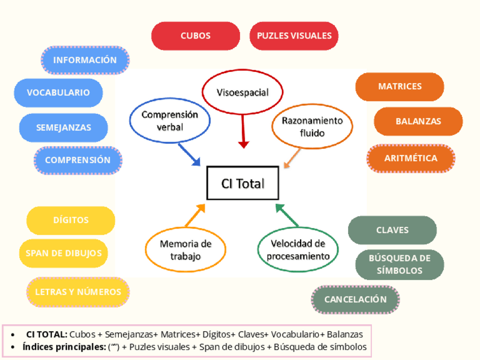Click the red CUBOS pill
195,36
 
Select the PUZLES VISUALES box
294,36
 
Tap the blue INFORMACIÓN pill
85,60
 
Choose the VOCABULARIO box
58,92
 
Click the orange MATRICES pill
400,87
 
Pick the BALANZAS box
418,121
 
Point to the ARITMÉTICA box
411,158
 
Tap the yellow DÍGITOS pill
71,220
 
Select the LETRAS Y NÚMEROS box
78,292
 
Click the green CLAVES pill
392,230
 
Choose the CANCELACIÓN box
355,299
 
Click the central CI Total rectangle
243,183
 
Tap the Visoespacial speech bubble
243,92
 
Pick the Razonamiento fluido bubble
311,127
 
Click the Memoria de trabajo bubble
185,250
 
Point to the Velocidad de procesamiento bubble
298,250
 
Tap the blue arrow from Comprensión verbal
190,155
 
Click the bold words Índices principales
63,347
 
